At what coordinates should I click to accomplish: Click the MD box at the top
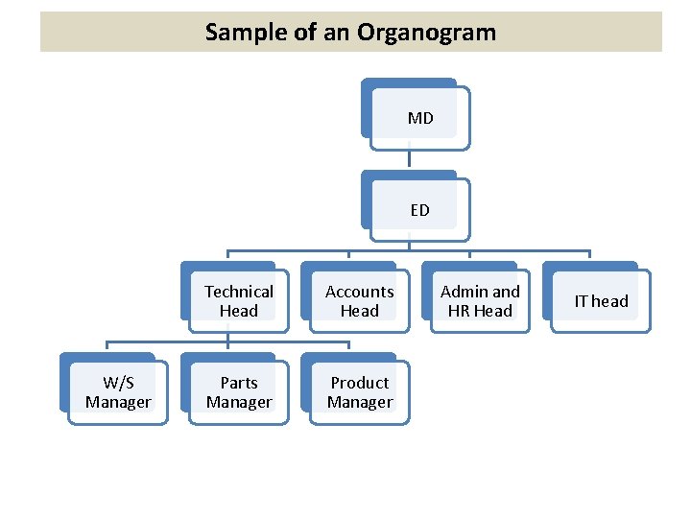click(x=419, y=118)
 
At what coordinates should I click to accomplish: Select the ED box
click(x=419, y=210)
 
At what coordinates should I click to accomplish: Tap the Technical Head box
click(x=238, y=300)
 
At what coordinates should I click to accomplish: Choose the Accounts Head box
click(x=359, y=300)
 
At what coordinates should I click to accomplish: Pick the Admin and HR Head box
click(x=480, y=300)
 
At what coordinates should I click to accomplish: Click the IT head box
click(x=601, y=300)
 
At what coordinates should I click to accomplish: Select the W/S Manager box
click(x=117, y=392)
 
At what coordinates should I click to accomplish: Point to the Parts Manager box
click(x=238, y=392)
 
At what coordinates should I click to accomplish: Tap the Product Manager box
click(x=359, y=392)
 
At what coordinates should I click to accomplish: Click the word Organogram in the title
click(x=426, y=32)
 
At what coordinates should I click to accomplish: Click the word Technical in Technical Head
click(x=238, y=292)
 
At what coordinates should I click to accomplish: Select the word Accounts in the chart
click(x=359, y=292)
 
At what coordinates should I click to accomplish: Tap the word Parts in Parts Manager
click(x=238, y=383)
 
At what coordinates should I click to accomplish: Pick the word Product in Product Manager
click(x=359, y=383)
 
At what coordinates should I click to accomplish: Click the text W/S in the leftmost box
click(x=117, y=383)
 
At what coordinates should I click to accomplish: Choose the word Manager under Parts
click(x=238, y=403)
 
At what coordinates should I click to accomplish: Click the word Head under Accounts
click(x=359, y=311)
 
